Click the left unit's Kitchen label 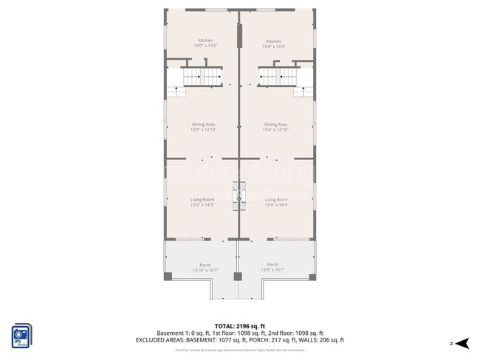205,40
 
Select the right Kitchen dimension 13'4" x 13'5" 273,46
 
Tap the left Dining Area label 202,125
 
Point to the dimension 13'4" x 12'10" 275,131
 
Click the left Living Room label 202,199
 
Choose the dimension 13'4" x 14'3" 275,205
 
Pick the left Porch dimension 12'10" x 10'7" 205,271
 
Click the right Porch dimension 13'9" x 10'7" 272,271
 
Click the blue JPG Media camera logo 21,334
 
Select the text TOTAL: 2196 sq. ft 240,325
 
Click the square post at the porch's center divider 238,277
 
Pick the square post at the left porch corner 168,276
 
